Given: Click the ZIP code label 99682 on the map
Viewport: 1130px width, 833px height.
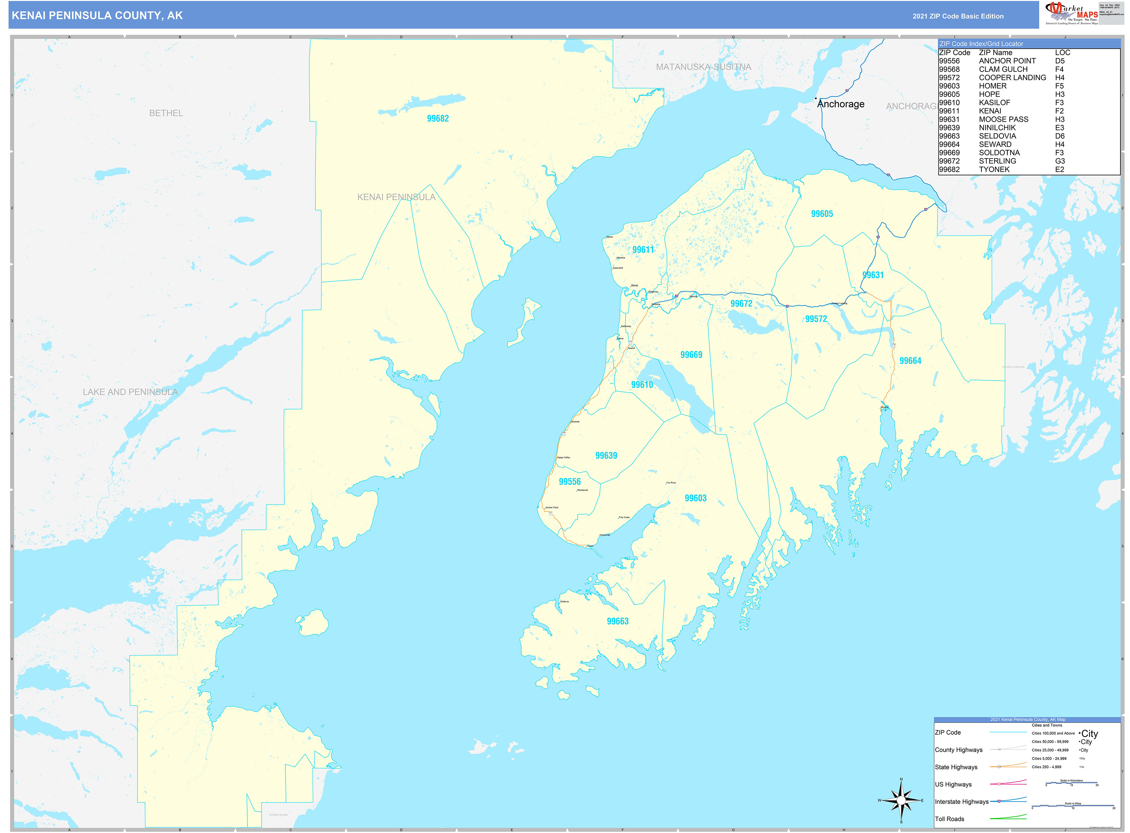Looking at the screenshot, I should (437, 119).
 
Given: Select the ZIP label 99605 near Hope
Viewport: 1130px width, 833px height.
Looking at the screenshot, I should (822, 214).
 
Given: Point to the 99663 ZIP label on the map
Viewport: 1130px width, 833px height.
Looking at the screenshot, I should (617, 621).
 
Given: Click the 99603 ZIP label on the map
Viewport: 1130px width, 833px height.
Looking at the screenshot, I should (695, 498).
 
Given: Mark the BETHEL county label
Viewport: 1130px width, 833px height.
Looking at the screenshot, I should (166, 113).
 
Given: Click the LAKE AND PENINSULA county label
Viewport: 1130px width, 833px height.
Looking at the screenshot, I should (130, 392).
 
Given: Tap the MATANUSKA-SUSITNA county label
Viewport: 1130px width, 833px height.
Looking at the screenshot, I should (703, 67).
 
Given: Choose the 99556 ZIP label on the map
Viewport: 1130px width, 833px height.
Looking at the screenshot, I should (570, 482).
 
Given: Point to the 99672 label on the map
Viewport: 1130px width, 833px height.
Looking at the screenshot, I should (741, 303).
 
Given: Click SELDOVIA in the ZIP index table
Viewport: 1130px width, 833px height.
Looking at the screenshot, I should (997, 136).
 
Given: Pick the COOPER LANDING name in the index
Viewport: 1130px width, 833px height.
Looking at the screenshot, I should (1012, 78).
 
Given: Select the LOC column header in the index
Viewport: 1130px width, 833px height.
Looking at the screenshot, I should (1062, 53).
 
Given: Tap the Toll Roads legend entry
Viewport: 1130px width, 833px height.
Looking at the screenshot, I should (949, 819).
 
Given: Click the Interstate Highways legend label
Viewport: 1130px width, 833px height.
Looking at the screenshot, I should (961, 802).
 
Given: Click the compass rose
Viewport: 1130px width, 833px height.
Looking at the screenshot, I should (901, 800).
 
